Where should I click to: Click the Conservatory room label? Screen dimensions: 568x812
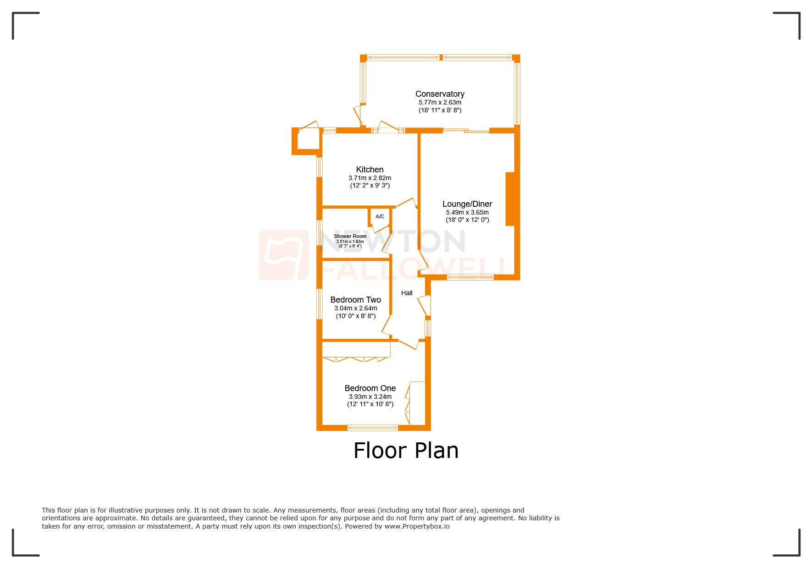(x=440, y=94)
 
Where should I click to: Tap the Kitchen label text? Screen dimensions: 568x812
(x=370, y=170)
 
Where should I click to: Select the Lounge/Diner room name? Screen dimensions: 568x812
(x=467, y=204)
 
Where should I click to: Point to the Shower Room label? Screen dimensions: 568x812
(x=350, y=236)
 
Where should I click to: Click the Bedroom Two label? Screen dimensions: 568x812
(x=355, y=300)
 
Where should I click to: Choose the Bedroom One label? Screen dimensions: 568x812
(x=370, y=388)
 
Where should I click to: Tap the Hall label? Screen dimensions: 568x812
(x=407, y=293)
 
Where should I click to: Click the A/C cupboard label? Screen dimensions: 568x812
(x=380, y=216)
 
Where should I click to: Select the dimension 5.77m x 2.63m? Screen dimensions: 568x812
(x=440, y=102)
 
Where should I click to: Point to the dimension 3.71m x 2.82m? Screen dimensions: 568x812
(x=370, y=178)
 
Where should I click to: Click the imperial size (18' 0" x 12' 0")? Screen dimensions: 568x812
(x=467, y=220)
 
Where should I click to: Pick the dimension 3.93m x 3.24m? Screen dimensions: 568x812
(x=370, y=397)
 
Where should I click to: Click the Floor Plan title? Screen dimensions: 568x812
(x=406, y=450)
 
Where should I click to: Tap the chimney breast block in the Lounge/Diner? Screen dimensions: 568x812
(x=510, y=199)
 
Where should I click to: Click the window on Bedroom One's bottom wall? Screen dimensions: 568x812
(x=372, y=428)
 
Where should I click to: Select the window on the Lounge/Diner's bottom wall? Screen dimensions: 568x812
(x=470, y=277)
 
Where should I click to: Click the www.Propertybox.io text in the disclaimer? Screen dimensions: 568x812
(x=417, y=526)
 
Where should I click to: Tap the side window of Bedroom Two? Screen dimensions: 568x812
(x=320, y=303)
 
